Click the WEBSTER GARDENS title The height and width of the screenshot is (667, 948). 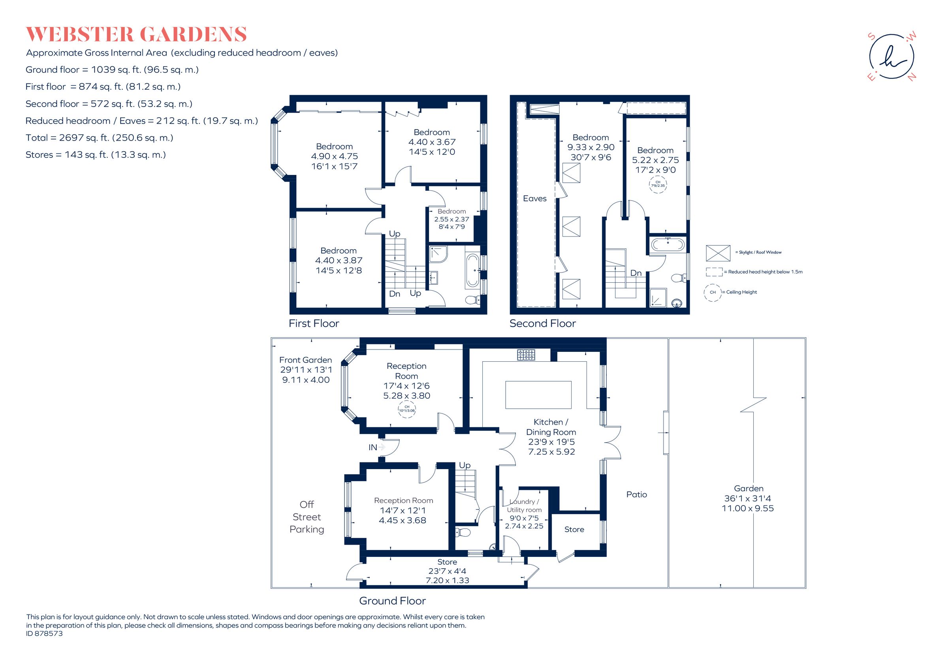tap(136, 34)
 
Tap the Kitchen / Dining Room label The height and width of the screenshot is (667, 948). tap(551, 427)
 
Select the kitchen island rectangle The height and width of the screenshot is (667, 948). tap(538, 395)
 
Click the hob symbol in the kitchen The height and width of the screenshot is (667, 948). tap(526, 355)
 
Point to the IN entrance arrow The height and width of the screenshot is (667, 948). tap(380, 447)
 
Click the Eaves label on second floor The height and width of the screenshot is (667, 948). tap(534, 199)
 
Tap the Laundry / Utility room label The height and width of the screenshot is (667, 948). tap(524, 505)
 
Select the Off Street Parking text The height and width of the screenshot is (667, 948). tap(307, 517)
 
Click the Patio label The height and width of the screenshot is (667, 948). tap(636, 494)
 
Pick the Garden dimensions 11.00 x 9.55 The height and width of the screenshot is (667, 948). tap(748, 509)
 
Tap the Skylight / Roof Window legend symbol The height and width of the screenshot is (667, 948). tap(718, 253)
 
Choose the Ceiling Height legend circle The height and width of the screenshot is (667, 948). tap(712, 292)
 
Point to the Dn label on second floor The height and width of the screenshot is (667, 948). tap(636, 273)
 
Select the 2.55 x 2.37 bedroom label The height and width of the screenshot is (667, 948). tap(451, 219)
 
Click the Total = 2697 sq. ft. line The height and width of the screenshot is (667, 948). tap(99, 138)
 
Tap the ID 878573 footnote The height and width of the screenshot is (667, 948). tap(45, 633)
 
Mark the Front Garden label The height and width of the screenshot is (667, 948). tap(306, 360)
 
